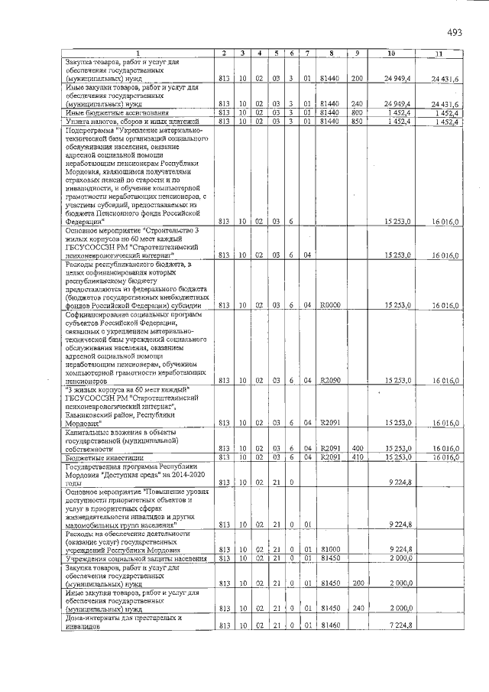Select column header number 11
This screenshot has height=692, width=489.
coord(438,52)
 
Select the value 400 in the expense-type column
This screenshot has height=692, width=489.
coord(356,448)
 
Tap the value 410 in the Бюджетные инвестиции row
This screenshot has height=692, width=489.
coord(356,457)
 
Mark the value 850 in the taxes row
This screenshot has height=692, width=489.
coord(356,121)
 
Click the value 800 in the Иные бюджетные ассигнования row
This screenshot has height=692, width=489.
coord(356,112)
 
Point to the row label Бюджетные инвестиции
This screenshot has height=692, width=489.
coord(95,457)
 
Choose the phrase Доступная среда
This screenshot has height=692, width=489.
coord(131,475)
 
